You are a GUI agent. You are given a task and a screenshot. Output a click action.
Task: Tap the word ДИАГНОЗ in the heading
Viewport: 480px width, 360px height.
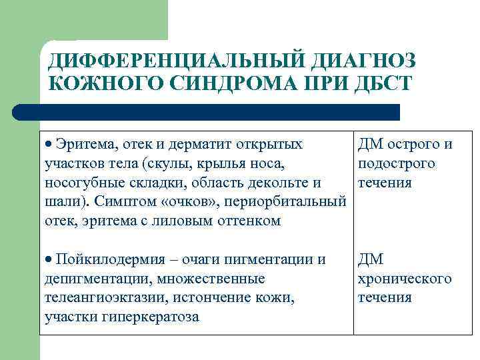coord(361,62)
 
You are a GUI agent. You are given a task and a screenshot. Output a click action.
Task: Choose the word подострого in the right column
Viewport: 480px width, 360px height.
coord(397,163)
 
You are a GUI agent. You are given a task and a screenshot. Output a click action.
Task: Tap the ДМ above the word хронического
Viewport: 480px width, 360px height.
coord(371,259)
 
